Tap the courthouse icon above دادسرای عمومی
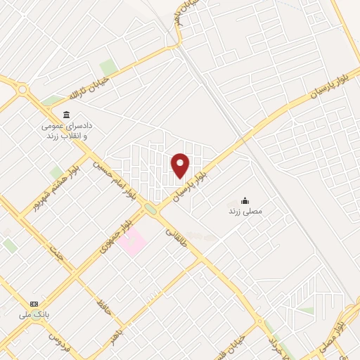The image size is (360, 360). point(66,115)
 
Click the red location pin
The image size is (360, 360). point(181,165)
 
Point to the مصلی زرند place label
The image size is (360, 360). point(245,211)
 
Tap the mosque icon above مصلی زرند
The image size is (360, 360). point(245,200)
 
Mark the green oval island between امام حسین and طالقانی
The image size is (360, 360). point(150,208)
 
